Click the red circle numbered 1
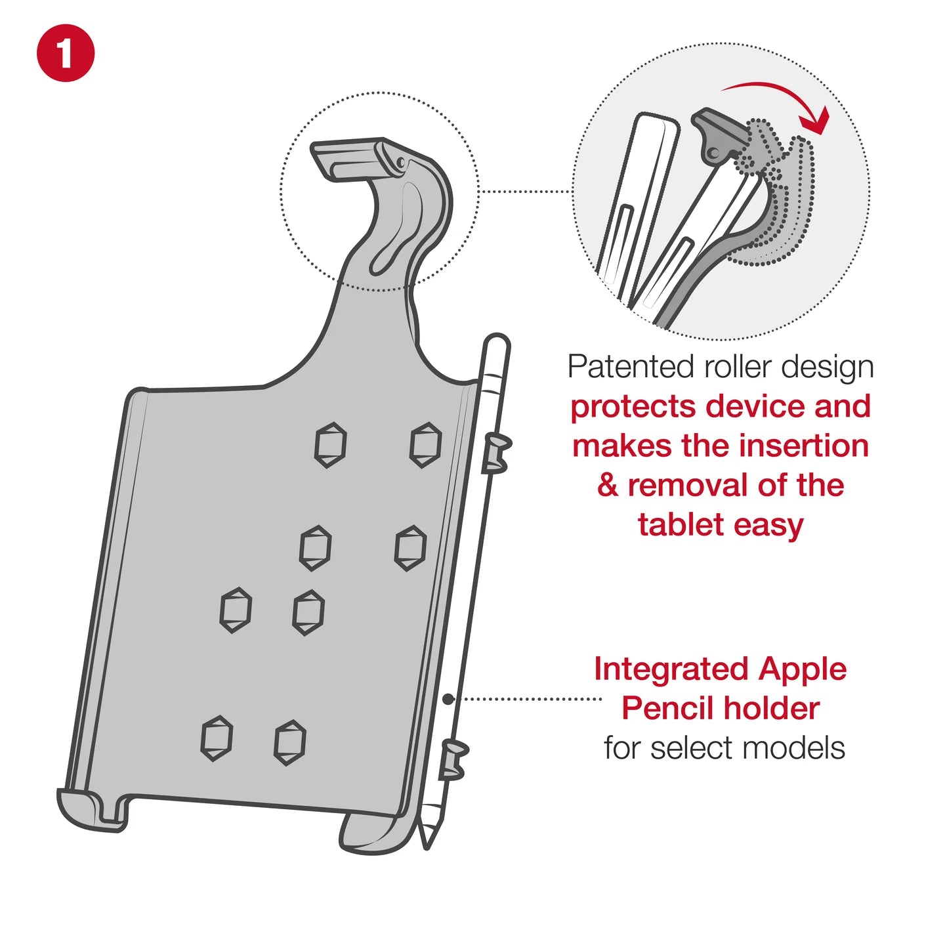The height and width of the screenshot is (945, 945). pos(66,53)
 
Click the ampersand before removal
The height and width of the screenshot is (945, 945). pos(608,486)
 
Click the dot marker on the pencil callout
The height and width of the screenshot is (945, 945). pos(448,700)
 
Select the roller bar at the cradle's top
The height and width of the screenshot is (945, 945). pos(354,157)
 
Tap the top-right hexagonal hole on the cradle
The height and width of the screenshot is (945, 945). pos(425,444)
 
